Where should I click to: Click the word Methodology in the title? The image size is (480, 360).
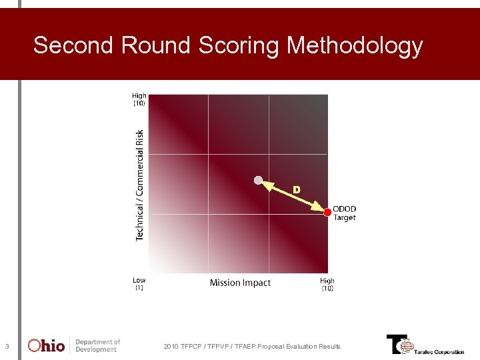pos(355,46)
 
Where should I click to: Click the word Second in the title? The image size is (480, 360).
pos(74,45)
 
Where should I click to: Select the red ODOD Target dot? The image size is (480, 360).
pos(327,213)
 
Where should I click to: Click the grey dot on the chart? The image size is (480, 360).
pos(259,180)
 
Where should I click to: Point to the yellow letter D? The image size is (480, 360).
pos(297,190)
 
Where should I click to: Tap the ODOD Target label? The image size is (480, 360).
pos(344,213)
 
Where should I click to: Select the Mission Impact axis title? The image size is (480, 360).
pos(240,283)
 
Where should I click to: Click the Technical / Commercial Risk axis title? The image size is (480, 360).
pos(140,185)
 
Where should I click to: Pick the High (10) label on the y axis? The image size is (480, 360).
pos(139,99)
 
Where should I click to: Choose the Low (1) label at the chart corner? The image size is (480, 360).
pos(139,284)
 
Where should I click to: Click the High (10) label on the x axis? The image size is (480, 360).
pos(327,285)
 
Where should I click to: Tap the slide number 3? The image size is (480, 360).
pos(7,346)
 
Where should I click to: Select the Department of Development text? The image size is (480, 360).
pos(97,345)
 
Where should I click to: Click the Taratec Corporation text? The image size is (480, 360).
pos(439,352)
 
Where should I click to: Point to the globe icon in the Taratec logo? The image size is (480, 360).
pos(407,347)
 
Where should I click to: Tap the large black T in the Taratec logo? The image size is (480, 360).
pos(395,343)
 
